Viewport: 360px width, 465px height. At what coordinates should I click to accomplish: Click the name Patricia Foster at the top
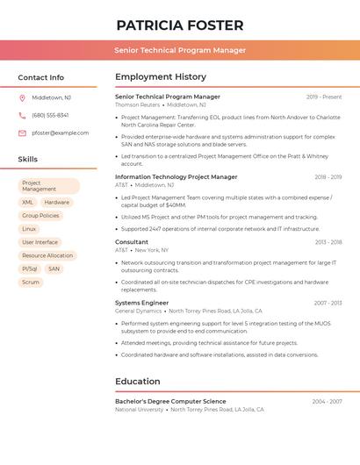(x=180, y=25)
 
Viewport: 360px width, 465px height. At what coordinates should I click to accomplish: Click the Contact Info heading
(x=40, y=77)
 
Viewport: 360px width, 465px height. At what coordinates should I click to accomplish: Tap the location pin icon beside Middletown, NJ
(x=22, y=98)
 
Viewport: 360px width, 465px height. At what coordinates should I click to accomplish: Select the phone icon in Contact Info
(x=22, y=116)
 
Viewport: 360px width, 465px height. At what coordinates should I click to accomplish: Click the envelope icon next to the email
(x=22, y=133)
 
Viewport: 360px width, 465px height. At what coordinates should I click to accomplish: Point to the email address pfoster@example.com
(x=60, y=133)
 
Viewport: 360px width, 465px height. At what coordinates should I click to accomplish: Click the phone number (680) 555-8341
(x=50, y=116)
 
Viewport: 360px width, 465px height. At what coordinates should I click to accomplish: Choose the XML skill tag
(x=28, y=203)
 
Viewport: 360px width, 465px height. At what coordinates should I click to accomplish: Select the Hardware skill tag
(x=57, y=203)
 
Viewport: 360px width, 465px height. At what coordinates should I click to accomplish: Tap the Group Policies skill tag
(x=40, y=216)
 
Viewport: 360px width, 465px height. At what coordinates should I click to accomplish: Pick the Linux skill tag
(x=30, y=229)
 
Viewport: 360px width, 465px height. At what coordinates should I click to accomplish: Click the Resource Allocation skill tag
(x=47, y=256)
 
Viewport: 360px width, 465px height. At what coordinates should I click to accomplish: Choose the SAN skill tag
(x=54, y=269)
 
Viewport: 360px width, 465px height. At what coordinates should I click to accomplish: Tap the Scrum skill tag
(x=31, y=283)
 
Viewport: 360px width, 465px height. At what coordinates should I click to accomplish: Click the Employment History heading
(x=160, y=77)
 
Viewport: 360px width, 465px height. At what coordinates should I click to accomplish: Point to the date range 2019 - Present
(x=324, y=97)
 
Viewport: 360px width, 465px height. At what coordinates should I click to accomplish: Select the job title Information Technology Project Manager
(x=176, y=177)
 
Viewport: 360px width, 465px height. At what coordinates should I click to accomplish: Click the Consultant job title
(x=132, y=242)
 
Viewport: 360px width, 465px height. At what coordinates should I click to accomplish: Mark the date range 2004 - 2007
(x=327, y=402)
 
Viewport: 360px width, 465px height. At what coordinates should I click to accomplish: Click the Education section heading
(x=137, y=382)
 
